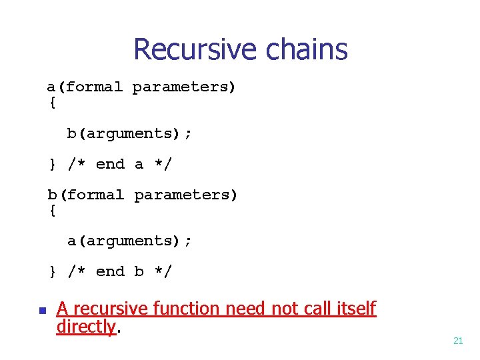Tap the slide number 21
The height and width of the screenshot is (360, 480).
pos(458,341)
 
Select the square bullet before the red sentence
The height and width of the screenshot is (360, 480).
pos(41,311)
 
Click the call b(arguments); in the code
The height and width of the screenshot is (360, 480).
pos(129,133)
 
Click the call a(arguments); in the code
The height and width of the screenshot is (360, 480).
pos(129,241)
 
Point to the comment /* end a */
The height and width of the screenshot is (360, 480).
pos(120,164)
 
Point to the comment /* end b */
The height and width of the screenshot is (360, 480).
pos(120,271)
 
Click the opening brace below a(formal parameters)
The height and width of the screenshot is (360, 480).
pos(53,103)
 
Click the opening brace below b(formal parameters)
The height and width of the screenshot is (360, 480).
pos(53,210)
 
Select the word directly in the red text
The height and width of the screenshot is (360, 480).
pos(86,327)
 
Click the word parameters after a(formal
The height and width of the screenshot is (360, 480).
pos(184,87)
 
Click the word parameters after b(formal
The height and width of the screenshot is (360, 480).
pos(185,195)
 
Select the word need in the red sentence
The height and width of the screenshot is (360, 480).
pos(244,309)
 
